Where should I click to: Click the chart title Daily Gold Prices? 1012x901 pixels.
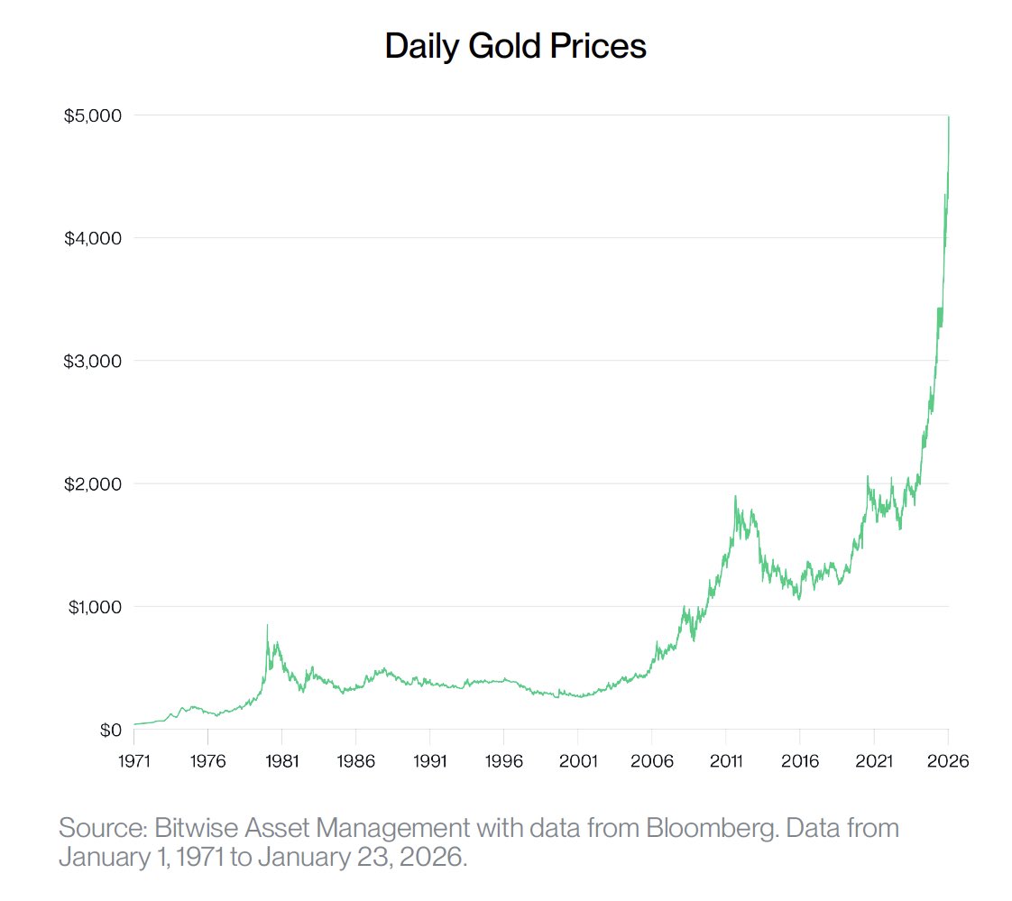[515, 46]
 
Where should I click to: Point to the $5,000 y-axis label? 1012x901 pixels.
[93, 115]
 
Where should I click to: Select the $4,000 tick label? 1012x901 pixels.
[93, 238]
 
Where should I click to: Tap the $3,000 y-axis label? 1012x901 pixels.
[93, 361]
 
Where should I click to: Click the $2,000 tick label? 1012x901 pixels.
[93, 483]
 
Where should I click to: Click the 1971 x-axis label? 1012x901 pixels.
[133, 761]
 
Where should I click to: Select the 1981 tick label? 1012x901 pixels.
[281, 761]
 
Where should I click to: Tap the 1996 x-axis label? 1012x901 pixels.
[503, 761]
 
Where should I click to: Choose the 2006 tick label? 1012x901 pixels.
[652, 761]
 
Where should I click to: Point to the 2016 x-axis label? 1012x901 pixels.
[800, 761]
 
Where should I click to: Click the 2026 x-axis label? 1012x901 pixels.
[948, 761]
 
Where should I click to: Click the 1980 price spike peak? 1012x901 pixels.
[267, 625]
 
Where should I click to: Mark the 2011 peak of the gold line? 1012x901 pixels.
[735, 496]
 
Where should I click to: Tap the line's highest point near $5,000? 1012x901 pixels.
[948, 117]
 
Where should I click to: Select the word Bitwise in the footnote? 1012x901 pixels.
[198, 828]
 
